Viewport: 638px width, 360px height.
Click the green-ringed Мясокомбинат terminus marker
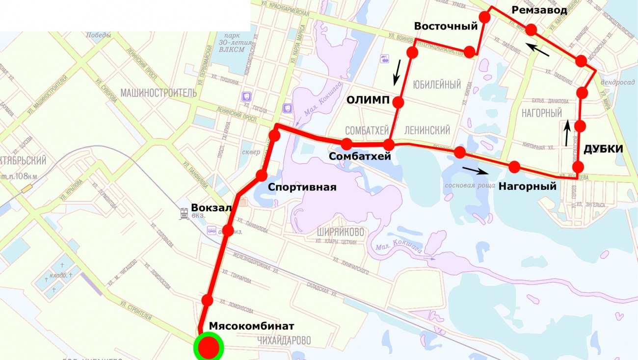209,347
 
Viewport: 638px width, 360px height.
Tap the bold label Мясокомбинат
252,326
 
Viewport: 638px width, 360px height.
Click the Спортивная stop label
302,187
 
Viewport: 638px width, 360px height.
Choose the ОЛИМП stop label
368,101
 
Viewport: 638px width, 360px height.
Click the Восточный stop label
446,26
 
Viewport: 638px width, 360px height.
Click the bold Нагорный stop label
527,186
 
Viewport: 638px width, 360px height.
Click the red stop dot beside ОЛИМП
398,103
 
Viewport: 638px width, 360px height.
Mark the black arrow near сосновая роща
476,171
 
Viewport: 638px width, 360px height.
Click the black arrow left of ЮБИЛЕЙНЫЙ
397,72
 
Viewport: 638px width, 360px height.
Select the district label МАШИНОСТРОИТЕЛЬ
159,93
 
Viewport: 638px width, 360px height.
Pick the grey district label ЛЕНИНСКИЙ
427,130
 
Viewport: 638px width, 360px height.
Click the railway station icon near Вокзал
185,213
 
